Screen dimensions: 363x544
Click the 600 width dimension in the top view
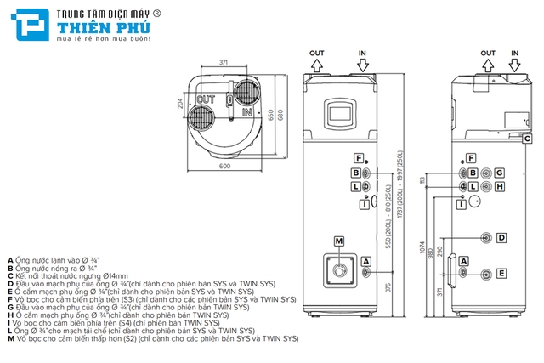pyautogui.click(x=224, y=167)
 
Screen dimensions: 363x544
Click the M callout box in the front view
pyautogui.click(x=339, y=241)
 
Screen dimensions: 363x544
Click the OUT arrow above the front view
pyautogui.click(x=317, y=61)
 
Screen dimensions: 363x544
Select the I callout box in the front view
pyautogui.click(x=363, y=203)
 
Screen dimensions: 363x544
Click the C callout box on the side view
pyautogui.click(x=527, y=138)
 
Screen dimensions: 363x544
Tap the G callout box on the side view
pyautogui.click(x=500, y=173)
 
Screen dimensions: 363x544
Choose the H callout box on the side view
pyautogui.click(x=500, y=186)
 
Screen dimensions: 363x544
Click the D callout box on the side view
pyautogui.click(x=501, y=236)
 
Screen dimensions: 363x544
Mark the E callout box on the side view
pyautogui.click(x=501, y=273)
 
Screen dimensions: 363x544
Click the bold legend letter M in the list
pyautogui.click(x=10, y=338)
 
